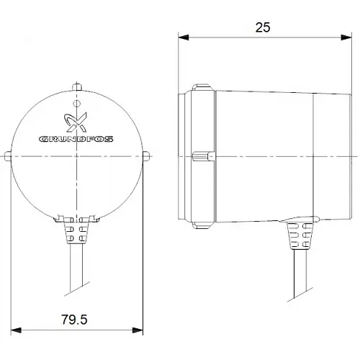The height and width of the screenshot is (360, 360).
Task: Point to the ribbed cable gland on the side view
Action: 297,235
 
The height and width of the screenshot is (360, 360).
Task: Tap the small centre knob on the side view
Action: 202,156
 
